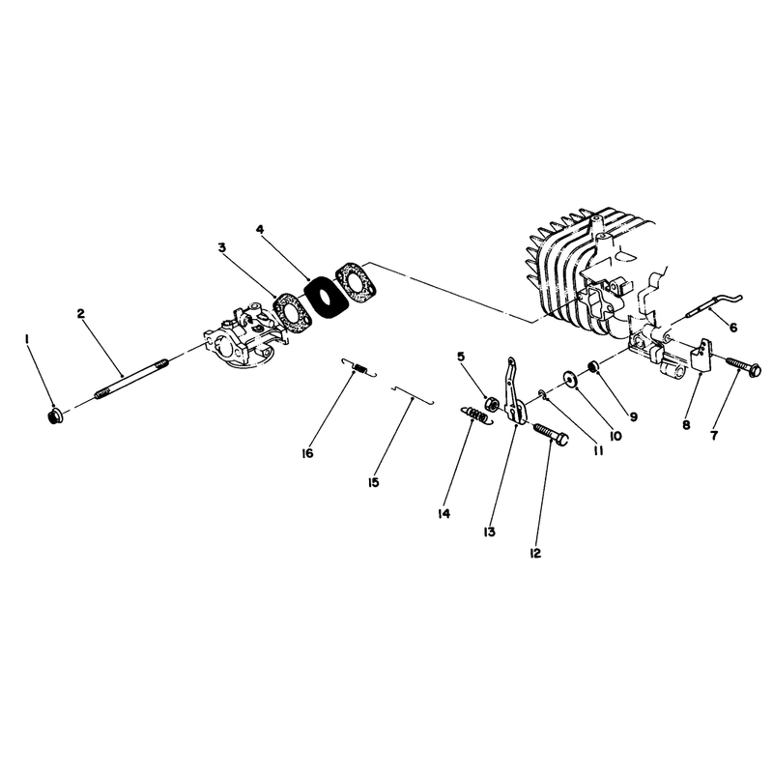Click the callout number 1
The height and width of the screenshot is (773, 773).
coord(28,339)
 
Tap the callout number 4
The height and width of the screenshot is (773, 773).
coord(260,229)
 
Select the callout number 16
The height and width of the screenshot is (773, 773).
coord(307,453)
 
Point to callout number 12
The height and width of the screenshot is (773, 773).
coord(535,553)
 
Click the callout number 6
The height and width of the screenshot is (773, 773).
coord(733,328)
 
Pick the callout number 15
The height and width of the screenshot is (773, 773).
coord(373,482)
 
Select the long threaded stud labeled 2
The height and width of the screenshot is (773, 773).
coord(131,380)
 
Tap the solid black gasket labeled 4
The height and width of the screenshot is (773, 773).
coord(323,297)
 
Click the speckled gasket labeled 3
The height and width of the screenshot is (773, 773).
coord(293,313)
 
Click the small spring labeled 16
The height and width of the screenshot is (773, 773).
coord(359,368)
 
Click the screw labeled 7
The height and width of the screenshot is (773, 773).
coord(743,367)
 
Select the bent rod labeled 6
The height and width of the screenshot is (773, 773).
coord(714,306)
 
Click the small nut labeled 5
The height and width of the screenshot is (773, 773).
coord(491,404)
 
